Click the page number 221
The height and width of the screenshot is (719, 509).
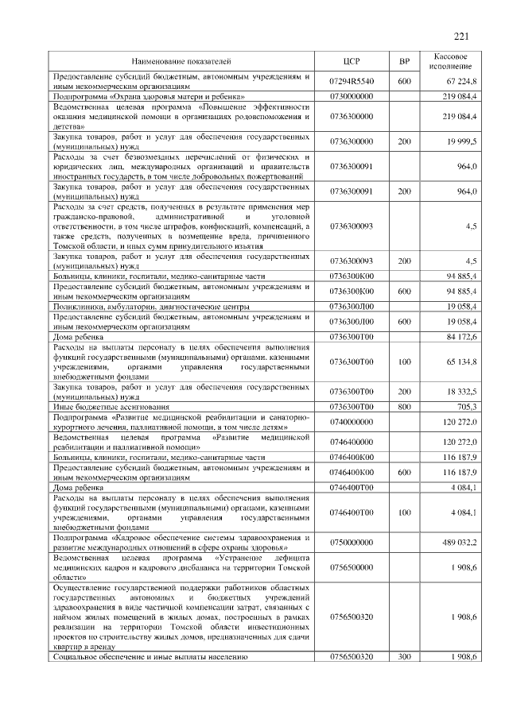tap(462, 35)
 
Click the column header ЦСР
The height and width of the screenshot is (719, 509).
tap(352, 60)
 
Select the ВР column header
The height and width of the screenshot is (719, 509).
tap(403, 60)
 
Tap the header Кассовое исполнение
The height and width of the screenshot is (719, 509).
tap(452, 60)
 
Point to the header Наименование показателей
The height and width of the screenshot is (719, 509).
tap(181, 60)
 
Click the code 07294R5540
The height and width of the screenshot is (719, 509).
tap(352, 81)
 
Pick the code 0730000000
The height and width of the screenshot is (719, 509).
tap(352, 95)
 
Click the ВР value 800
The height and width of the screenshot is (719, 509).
tap(403, 406)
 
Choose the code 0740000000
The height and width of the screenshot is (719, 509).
tap(352, 421)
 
